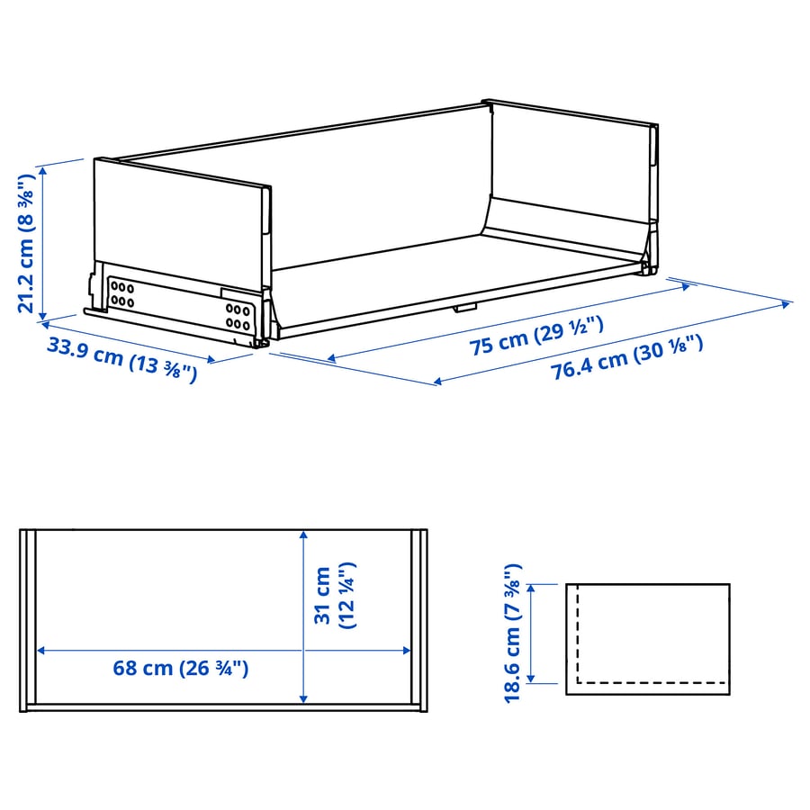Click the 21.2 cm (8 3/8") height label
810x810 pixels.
click(26, 244)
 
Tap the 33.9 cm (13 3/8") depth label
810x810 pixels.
click(122, 359)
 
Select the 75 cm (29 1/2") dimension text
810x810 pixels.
click(536, 337)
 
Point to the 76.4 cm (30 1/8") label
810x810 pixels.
click(626, 357)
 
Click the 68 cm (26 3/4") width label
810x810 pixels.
click(181, 668)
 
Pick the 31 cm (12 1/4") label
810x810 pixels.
click(335, 595)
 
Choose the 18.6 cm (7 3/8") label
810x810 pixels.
click(513, 633)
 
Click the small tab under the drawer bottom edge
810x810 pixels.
click(465, 308)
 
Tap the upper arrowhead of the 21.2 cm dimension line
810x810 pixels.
click(43, 170)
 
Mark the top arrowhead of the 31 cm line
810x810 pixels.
click(304, 535)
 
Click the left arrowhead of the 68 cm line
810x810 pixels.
click(41, 651)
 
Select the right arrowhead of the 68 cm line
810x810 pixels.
click(407, 651)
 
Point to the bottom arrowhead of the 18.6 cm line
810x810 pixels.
click(530, 679)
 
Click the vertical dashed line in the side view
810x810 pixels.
click(578, 634)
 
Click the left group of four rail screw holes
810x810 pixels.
click(121, 294)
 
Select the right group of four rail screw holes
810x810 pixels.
click(238, 317)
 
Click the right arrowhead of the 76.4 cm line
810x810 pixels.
click(786, 305)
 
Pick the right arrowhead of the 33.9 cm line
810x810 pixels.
click(211, 359)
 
